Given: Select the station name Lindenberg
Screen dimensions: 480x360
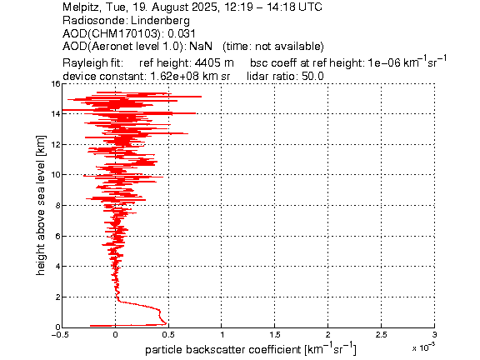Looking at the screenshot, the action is point(160,21).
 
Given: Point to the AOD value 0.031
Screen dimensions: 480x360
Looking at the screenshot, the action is point(182,33).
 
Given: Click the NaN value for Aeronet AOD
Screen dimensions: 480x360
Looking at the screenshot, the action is point(201,46).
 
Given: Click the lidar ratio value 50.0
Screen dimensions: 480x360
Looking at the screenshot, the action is point(312,76).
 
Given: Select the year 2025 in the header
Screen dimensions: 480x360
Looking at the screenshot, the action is point(205,7).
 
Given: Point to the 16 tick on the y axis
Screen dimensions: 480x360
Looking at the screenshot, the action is point(56,83).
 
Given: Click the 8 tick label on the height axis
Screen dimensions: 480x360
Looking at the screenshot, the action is point(57,205).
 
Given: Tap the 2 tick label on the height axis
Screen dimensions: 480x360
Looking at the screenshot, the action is point(57,297).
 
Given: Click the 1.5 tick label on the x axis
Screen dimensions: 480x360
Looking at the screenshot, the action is point(275,335).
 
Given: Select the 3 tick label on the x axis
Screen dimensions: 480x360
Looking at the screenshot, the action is point(434,335).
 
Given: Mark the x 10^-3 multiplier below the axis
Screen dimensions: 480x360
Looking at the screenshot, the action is point(423,347).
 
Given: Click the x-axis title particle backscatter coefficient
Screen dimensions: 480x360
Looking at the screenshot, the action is point(223,350).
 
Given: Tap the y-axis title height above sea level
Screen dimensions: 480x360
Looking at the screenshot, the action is point(40,205).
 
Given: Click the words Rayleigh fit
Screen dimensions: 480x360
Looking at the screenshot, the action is point(92,63).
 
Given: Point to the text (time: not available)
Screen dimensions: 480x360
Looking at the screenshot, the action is point(273,46).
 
